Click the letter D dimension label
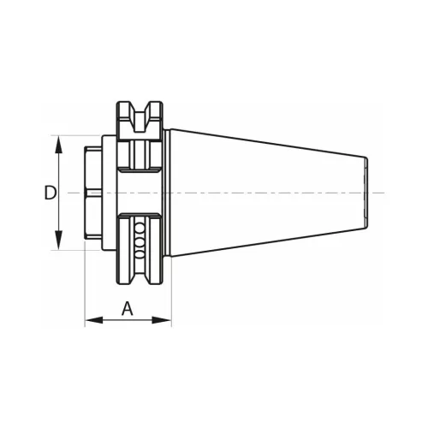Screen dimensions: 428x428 (x=51, y=193)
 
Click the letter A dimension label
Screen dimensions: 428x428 (x=128, y=309)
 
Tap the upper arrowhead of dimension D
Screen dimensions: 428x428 (x=58, y=144)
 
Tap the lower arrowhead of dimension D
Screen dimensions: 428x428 (x=58, y=241)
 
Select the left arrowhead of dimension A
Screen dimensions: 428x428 (x=94, y=320)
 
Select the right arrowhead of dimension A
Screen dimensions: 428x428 (x=162, y=320)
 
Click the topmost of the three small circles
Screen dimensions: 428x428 (x=140, y=228)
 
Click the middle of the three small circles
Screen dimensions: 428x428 (x=140, y=242)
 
